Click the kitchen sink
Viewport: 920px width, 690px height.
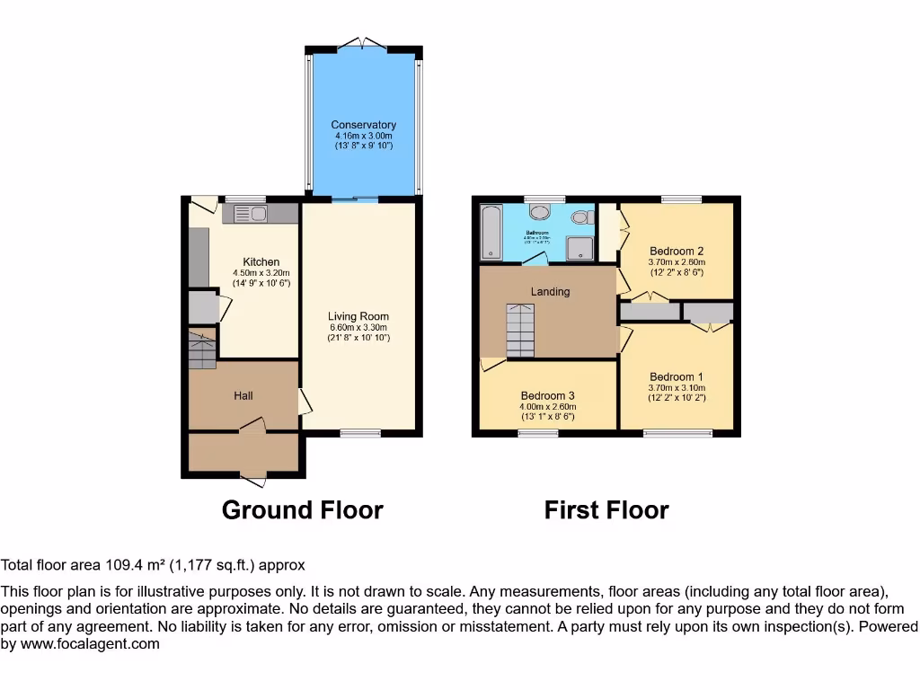tap(251, 213)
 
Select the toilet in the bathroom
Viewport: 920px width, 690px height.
tap(581, 217)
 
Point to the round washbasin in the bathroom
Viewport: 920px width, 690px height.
tap(541, 212)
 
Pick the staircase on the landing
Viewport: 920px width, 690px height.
tap(519, 331)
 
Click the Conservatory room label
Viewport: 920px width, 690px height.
tap(363, 125)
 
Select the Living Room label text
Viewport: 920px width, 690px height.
tap(358, 316)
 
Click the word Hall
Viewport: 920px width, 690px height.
tap(243, 395)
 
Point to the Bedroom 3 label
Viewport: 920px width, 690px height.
tap(547, 396)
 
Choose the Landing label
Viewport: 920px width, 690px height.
tap(550, 291)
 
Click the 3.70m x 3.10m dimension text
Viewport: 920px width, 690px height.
tap(677, 389)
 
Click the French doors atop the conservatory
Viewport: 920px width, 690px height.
tap(363, 42)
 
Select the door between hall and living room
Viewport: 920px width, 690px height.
tap(305, 402)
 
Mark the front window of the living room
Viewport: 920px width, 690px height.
tap(360, 434)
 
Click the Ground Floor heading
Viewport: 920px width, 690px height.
tap(302, 510)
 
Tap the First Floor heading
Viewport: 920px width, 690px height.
tap(606, 510)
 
